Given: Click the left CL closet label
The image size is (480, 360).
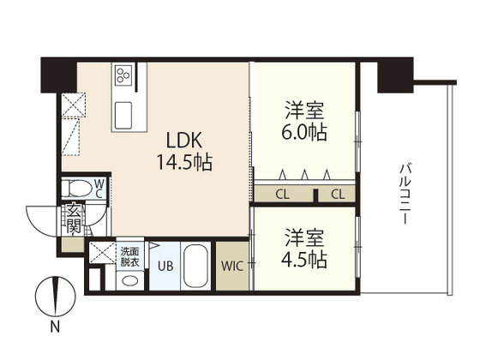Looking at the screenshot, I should (282, 195).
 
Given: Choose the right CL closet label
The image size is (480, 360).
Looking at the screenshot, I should (338, 195).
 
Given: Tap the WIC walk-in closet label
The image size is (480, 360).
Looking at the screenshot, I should (231, 267).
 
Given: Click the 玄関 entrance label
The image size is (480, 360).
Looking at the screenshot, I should (74, 220).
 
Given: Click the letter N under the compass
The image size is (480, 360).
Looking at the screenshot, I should (54, 327).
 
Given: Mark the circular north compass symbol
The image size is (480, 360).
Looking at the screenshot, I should (53, 295).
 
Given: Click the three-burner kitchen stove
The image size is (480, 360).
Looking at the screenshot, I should (122, 76).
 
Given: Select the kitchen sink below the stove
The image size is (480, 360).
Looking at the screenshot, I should (123, 111).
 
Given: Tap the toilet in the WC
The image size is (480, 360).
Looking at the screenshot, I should (77, 188).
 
